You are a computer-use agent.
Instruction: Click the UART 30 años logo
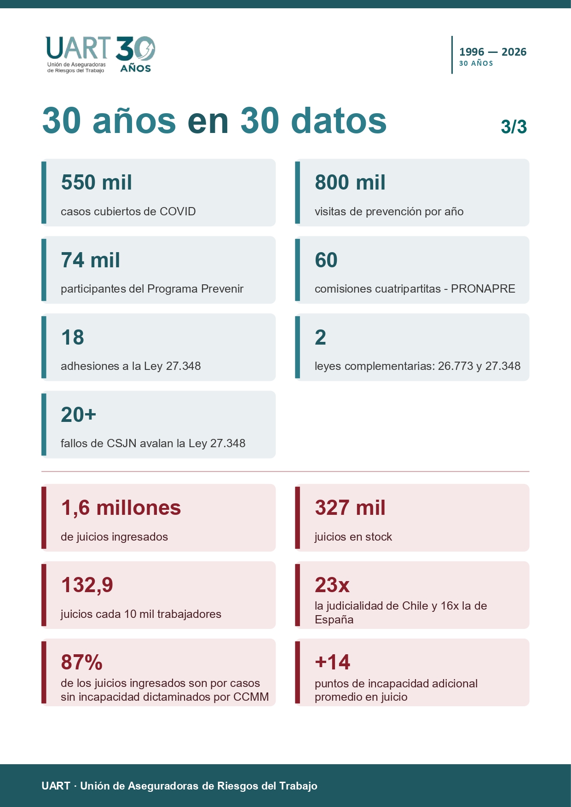(x=100, y=54)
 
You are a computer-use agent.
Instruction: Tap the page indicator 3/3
(x=513, y=127)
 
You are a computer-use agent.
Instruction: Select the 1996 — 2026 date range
(x=493, y=52)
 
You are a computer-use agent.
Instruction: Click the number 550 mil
(x=97, y=182)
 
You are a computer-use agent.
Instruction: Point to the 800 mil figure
(x=350, y=182)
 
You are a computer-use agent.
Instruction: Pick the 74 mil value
(x=91, y=260)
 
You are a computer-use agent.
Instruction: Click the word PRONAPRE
(x=483, y=288)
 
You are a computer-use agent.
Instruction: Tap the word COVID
(x=178, y=211)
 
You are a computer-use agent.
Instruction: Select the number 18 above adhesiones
(x=73, y=337)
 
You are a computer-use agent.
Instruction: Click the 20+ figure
(x=79, y=415)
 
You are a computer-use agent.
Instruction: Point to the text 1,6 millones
(x=121, y=508)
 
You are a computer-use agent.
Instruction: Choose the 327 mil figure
(x=350, y=508)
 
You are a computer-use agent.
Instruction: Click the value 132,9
(x=87, y=585)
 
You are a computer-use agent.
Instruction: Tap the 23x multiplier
(x=332, y=585)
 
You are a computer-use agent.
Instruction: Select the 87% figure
(x=82, y=663)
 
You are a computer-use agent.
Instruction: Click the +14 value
(x=333, y=663)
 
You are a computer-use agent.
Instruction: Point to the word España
(x=334, y=620)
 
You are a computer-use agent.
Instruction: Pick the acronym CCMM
(x=251, y=697)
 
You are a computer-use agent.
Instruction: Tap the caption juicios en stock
(x=353, y=536)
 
